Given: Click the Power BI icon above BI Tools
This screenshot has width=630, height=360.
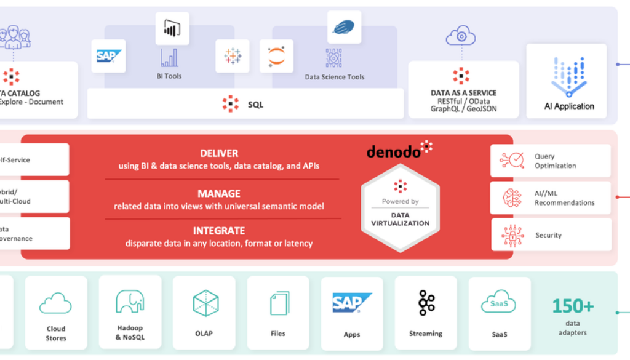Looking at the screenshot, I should point(172,28).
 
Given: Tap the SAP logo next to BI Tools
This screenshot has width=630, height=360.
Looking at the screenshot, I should point(108,56).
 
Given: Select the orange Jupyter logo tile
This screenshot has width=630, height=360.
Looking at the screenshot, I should point(276,57).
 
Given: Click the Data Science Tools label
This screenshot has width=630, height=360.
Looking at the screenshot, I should point(334,77).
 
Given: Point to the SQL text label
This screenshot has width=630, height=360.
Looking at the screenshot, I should point(255,105).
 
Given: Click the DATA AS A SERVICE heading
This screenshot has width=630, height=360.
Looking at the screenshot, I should point(463,93).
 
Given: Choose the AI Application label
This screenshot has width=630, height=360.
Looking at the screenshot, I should point(569,106).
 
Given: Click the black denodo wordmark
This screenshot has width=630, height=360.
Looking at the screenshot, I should point(394,151).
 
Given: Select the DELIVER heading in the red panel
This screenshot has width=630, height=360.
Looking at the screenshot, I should point(219,153).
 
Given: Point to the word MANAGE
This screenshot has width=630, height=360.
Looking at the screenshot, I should point(219,193).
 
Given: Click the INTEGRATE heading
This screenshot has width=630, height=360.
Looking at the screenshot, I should point(219,231).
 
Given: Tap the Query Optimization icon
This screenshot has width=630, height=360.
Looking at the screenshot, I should point(512,161).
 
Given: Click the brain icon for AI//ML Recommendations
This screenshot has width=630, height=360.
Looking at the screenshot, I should point(512,198).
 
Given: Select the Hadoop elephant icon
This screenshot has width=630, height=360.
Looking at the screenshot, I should point(130,302).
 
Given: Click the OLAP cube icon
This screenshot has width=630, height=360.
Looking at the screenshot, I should point(205,303).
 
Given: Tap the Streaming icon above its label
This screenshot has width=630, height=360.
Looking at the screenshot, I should point(426,303).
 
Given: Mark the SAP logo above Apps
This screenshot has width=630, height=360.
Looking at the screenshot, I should point(352,302).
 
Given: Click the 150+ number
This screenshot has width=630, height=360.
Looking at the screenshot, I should point(573,306).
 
